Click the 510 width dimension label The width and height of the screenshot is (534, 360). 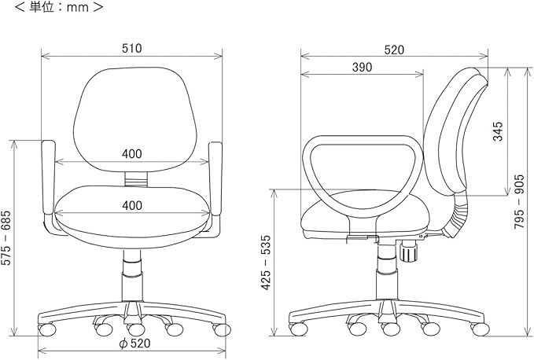132,49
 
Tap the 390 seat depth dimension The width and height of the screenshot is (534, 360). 362,68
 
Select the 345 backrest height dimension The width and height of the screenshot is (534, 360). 498,131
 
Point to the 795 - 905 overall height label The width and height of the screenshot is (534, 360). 520,202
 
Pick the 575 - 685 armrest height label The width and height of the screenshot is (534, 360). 6,238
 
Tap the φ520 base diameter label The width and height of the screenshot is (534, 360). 134,343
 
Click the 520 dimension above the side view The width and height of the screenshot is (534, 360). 394,50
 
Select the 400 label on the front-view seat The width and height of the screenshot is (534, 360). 132,205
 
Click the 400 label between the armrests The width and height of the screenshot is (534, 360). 132,154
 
